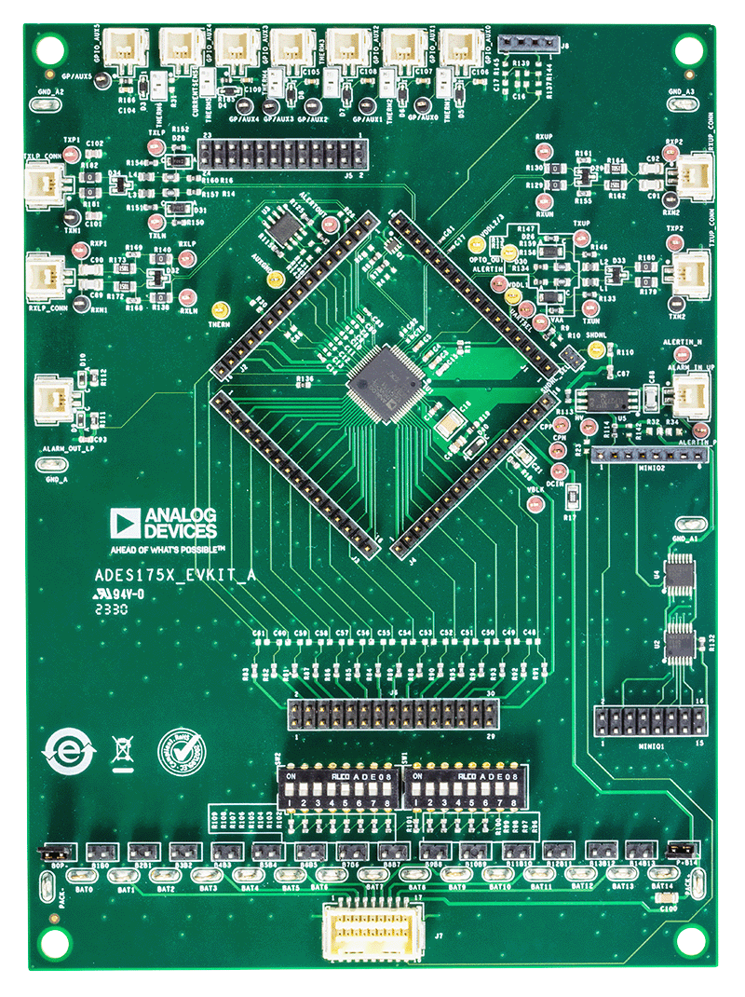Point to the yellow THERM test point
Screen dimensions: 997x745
pos(221,310)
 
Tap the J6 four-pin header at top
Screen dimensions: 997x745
pos(524,43)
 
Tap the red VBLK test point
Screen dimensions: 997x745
pos(537,504)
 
